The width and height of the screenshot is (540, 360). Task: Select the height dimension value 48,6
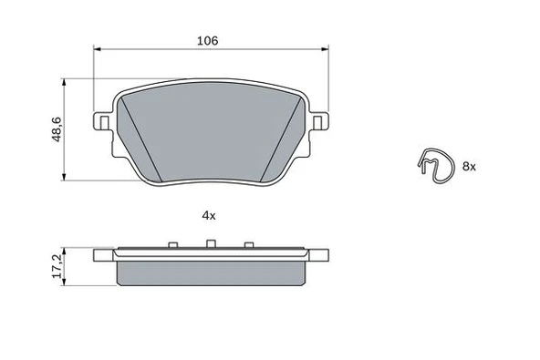click(x=57, y=129)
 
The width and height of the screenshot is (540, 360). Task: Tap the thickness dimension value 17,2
click(x=57, y=265)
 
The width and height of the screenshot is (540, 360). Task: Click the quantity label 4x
click(x=208, y=215)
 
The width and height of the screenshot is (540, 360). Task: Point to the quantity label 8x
click(x=469, y=166)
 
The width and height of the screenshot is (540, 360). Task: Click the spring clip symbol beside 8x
click(x=436, y=165)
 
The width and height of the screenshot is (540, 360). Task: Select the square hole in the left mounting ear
click(x=103, y=122)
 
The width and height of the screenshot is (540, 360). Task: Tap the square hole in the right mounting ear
click(x=318, y=122)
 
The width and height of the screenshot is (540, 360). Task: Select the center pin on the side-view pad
click(x=211, y=244)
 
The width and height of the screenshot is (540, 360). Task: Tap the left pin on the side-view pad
click(x=172, y=245)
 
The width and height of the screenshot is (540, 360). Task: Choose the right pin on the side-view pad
click(x=248, y=245)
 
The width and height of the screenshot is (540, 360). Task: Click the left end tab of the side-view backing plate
click(x=103, y=254)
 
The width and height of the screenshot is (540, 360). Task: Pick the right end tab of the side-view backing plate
click(x=318, y=254)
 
